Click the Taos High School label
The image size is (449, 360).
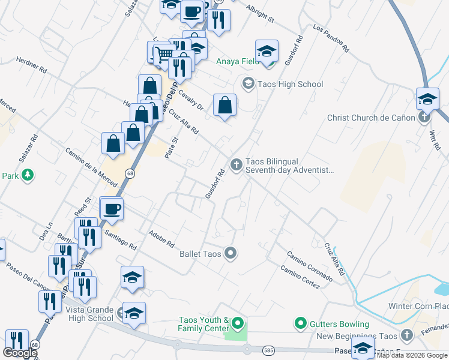(291, 84)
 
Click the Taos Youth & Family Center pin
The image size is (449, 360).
(238, 325)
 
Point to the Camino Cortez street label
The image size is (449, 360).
(300, 277)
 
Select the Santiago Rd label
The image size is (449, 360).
(120, 239)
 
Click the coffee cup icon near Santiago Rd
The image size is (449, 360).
(112, 209)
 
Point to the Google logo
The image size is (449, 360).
(19, 353)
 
